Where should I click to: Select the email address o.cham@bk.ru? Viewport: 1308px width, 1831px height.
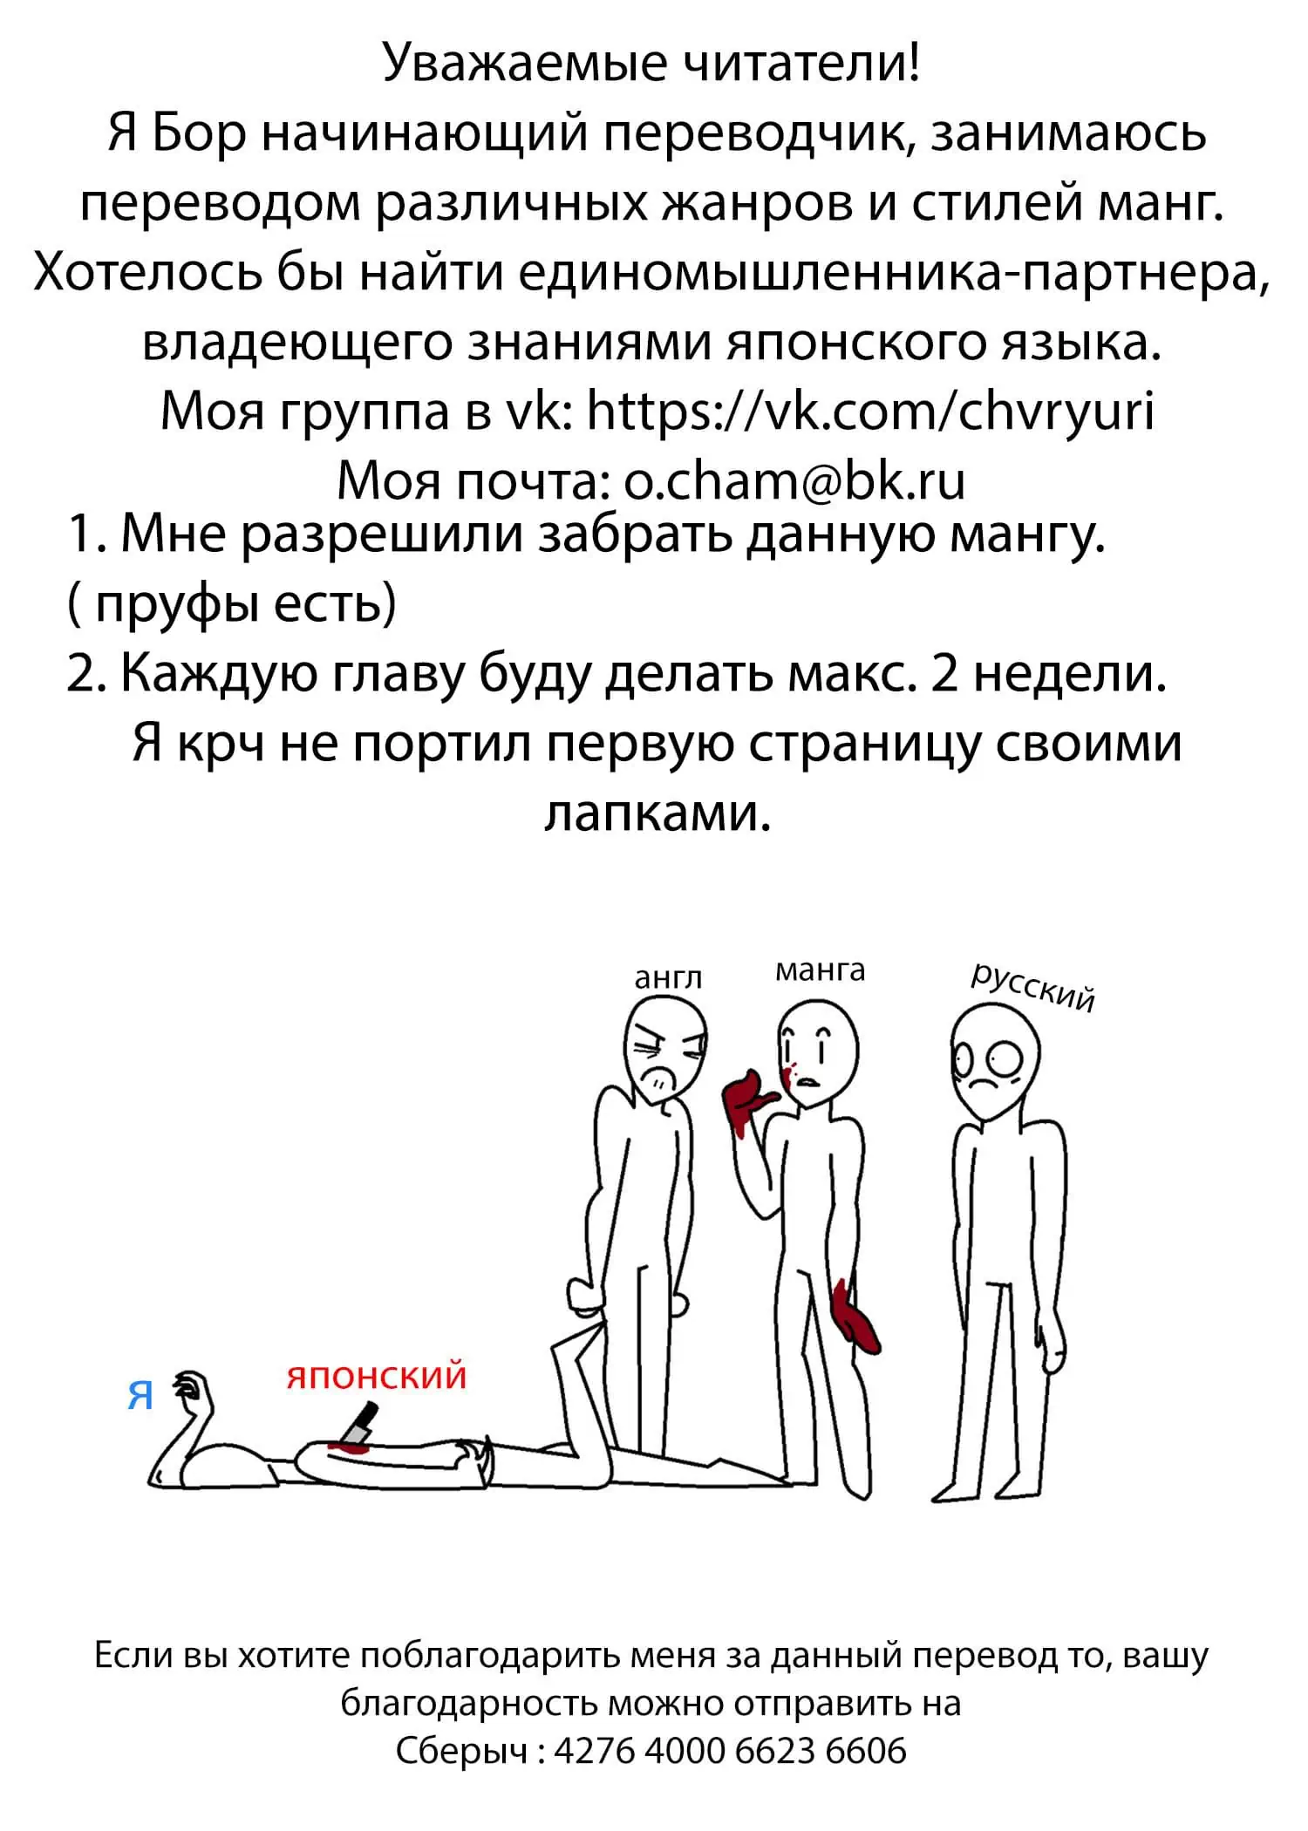(795, 480)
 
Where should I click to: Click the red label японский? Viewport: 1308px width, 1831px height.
(377, 1377)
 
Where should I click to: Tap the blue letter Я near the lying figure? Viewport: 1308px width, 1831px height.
(140, 1396)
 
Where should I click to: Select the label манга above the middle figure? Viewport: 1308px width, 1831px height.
(821, 970)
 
